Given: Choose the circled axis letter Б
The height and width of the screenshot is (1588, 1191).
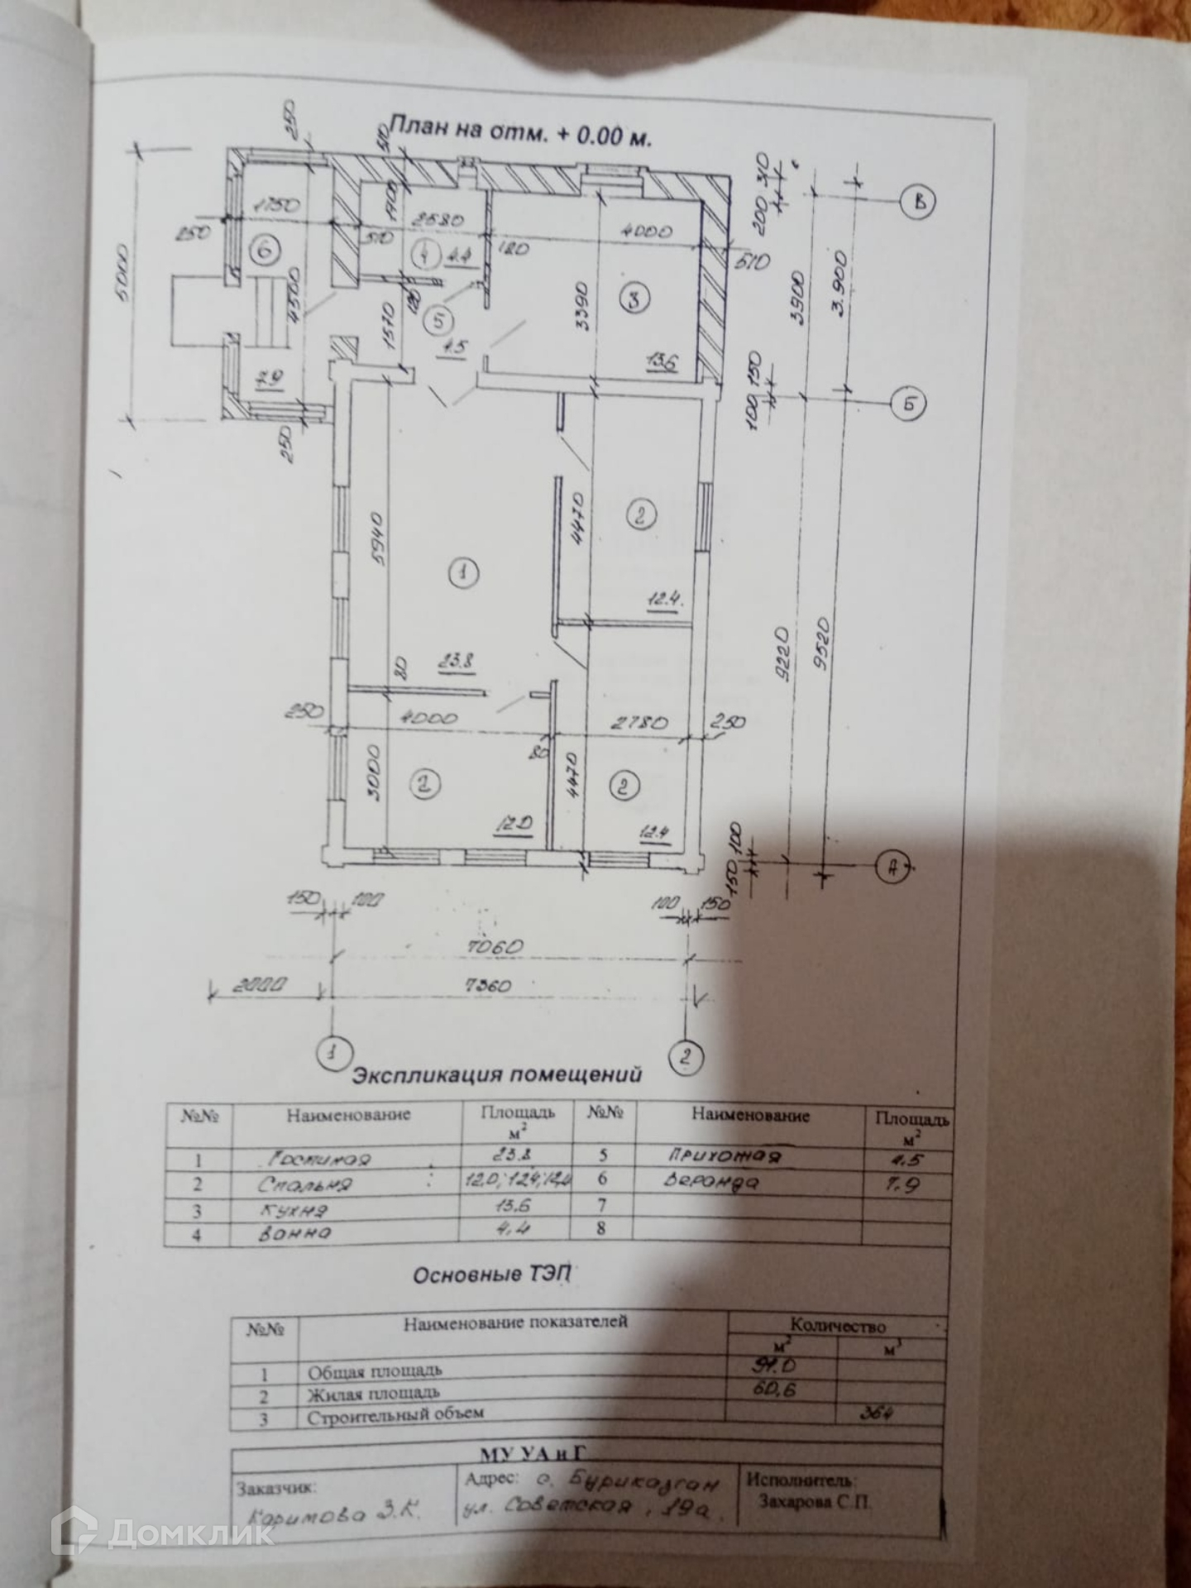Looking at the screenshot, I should tap(907, 404).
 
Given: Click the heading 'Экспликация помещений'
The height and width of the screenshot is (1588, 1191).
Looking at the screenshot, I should tap(497, 1075).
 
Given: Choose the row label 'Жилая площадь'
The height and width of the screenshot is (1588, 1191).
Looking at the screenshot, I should tap(374, 1393).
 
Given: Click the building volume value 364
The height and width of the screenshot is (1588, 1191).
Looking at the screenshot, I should tap(876, 1413).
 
